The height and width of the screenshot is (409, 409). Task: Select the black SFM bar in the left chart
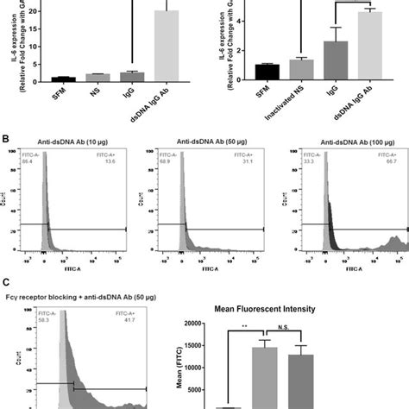(40, 79)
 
